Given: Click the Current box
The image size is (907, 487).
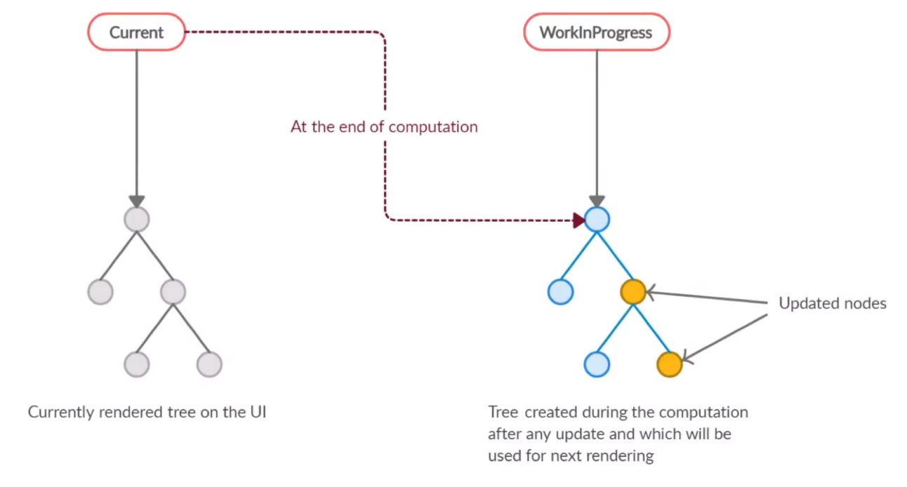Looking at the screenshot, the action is coord(136,32).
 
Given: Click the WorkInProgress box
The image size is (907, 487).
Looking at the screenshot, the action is coord(597,32).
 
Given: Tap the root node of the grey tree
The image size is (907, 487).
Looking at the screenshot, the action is coord(137,220).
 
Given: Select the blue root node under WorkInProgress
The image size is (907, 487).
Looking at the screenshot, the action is coord(597,220).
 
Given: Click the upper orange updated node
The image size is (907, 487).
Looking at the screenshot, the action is coord(633,292).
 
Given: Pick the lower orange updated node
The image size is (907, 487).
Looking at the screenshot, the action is coord(669,364).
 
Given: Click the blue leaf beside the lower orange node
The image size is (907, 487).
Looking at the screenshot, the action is coord(597,364).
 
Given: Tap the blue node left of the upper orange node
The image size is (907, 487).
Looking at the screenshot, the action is coord(560,292).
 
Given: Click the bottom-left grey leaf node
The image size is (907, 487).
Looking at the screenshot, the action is coord(137,364).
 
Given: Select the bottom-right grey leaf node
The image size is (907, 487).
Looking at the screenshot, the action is coord(209,364).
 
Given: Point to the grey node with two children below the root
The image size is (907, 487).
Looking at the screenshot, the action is coord(173,292).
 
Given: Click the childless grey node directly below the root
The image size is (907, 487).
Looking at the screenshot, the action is coord(100,292).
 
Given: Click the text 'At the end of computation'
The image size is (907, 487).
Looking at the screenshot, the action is coord(384,127).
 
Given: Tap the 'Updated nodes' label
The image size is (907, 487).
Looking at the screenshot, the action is coord(833,303).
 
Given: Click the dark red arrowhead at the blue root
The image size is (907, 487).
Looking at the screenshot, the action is coord(579,220).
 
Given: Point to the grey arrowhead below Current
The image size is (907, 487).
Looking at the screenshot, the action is coord(137,201).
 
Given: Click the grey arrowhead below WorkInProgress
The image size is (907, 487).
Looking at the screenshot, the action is coord(597,201).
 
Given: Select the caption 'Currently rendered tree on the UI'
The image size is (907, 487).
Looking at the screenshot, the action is coord(147,412).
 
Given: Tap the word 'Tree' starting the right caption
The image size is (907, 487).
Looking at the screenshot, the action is coord(503,412).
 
